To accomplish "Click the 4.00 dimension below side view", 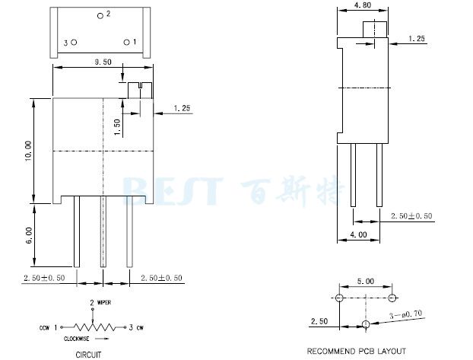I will point(358,234).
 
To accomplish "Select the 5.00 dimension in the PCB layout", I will point(366,282).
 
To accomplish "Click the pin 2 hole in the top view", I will point(101,15).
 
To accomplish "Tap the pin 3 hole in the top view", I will point(74,43).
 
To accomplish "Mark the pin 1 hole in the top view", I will point(127,43).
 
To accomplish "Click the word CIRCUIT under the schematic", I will point(88,353).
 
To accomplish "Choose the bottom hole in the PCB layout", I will point(366,325).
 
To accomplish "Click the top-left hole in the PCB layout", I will point(339,296).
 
